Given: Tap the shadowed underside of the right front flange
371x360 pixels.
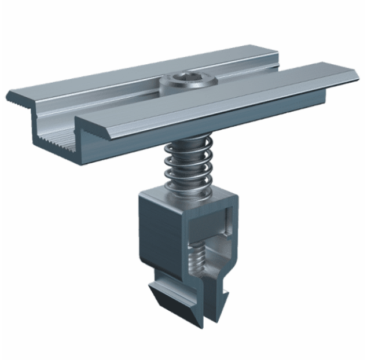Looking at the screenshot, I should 260,116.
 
